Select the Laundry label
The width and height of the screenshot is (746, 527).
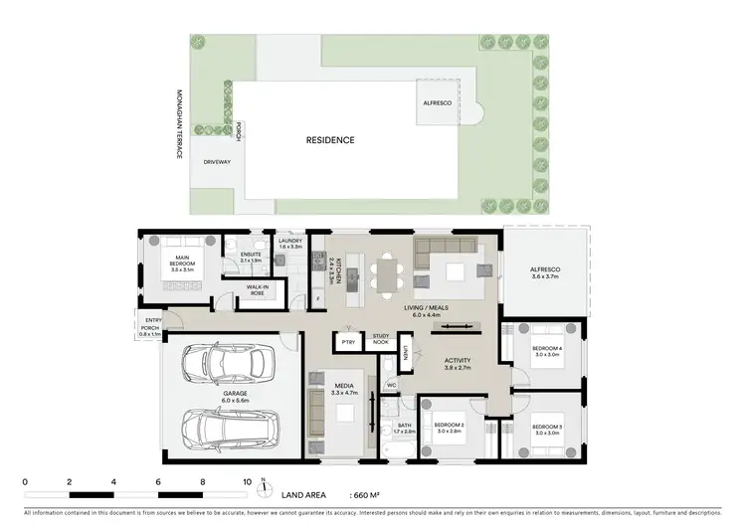(290, 243)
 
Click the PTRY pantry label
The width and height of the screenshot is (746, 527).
(348, 343)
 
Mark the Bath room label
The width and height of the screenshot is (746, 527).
(403, 430)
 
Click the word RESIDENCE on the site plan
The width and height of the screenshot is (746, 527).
(329, 141)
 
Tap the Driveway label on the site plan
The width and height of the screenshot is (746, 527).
(217, 161)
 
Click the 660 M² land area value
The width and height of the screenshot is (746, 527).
(368, 494)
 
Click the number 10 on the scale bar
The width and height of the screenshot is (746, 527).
(247, 481)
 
